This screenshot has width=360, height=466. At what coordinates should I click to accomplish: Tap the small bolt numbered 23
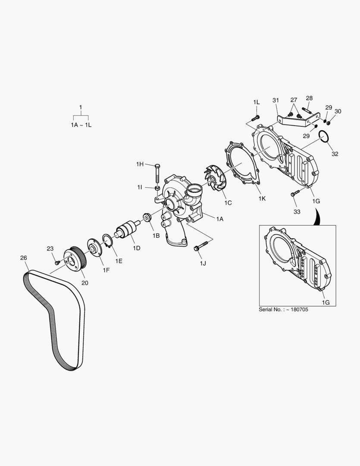tap(57, 262)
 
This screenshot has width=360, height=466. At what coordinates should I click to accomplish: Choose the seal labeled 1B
tap(147, 217)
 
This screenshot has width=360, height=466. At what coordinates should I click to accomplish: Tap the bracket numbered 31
tap(297, 120)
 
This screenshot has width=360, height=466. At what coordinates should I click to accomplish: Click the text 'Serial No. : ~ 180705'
tap(283, 309)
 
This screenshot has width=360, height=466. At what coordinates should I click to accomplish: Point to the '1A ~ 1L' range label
tap(81, 124)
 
